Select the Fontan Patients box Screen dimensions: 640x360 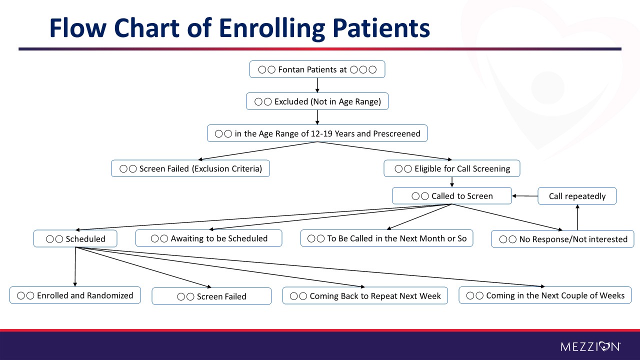point(317,69)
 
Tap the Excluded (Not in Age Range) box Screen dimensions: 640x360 point(317,101)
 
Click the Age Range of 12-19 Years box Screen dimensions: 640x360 point(317,133)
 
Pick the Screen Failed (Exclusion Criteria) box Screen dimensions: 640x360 point(190,168)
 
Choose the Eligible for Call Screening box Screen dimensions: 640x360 point(451,168)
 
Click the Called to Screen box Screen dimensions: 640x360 point(451,195)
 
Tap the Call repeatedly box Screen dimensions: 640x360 point(577,196)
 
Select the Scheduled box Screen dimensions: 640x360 point(75,238)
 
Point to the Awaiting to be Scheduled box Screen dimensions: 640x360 point(208,238)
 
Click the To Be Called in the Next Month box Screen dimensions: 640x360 point(386,238)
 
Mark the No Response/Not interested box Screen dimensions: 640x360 point(562,239)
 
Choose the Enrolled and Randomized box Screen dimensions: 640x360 point(75,295)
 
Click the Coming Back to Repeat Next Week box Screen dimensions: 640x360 point(365,295)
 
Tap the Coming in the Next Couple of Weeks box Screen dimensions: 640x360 point(545,295)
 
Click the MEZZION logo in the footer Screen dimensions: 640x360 point(590,346)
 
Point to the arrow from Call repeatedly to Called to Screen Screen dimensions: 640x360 point(525,196)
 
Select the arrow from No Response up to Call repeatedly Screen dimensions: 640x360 point(577,217)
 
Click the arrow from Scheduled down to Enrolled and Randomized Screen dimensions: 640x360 point(75,267)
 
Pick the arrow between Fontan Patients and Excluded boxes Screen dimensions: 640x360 point(317,85)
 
